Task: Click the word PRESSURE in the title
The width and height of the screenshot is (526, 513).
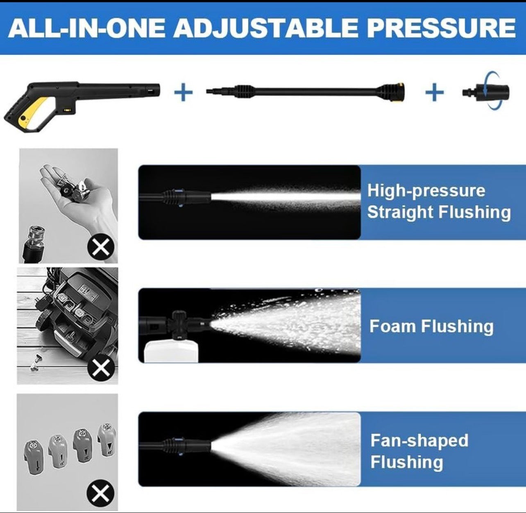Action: [441, 28]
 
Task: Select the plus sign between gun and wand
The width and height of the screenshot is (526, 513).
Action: [183, 92]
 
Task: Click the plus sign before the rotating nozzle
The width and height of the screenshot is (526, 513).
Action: [434, 92]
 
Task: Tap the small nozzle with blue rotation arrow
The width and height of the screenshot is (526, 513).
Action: [487, 91]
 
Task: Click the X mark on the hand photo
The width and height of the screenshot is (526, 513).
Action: [101, 247]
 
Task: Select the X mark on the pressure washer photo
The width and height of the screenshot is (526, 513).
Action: [101, 368]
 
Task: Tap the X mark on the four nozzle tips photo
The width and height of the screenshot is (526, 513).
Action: [100, 492]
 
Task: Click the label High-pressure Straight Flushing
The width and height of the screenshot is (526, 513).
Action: [438, 202]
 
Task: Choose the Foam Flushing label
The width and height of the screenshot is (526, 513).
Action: [431, 326]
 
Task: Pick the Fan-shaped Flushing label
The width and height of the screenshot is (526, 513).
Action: [419, 451]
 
